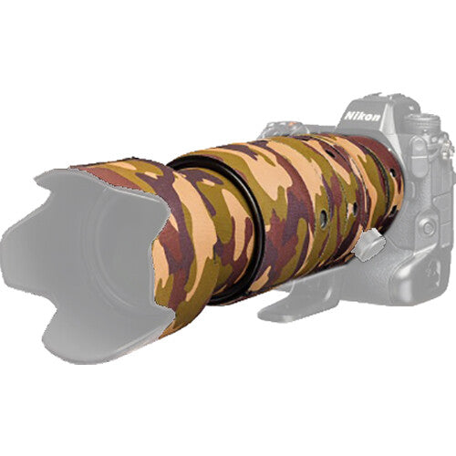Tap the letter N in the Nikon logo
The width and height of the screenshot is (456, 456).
[x=350, y=119]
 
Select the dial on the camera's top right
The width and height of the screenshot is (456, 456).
[x=421, y=123]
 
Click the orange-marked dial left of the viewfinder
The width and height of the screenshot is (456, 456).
[x=271, y=128]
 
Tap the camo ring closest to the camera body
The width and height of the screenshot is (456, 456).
[x=388, y=182]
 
